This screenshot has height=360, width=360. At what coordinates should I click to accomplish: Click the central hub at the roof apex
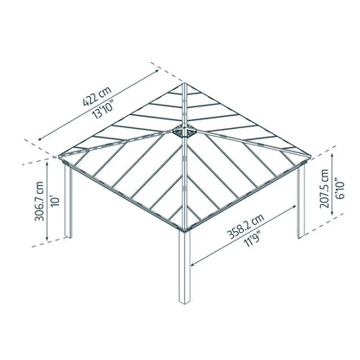click(x=184, y=130)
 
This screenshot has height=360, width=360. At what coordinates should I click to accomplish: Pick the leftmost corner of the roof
click(x=58, y=159)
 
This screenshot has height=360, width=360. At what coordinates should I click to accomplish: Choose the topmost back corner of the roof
click(x=184, y=84)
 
